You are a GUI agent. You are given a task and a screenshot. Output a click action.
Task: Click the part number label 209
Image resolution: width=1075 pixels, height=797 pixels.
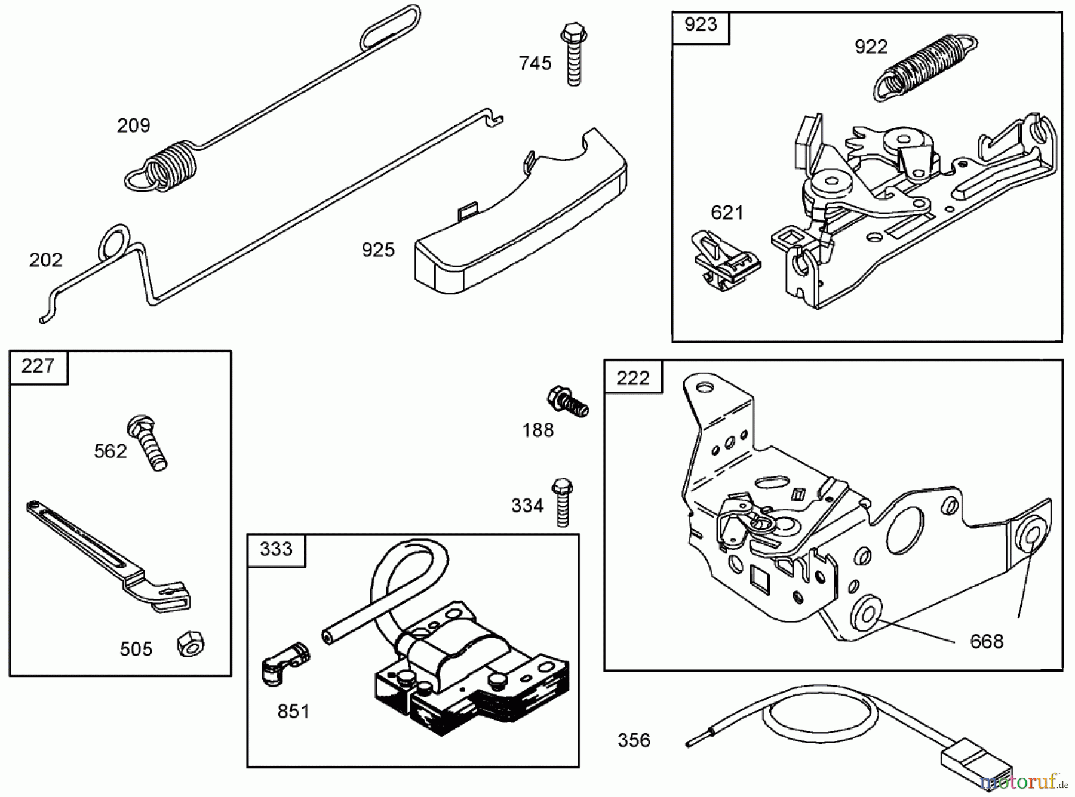(133, 125)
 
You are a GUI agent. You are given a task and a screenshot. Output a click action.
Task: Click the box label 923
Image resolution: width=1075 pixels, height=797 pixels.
(701, 25)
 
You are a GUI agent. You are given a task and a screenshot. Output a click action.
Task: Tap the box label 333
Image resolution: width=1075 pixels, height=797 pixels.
(276, 549)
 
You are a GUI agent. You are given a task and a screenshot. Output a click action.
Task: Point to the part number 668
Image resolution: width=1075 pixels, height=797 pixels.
(987, 642)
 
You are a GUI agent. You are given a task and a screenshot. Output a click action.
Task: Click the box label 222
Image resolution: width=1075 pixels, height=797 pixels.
(632, 378)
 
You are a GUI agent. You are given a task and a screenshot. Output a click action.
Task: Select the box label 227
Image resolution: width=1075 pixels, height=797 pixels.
(38, 366)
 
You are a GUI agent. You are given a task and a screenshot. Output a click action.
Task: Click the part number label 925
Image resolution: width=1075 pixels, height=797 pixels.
(378, 250)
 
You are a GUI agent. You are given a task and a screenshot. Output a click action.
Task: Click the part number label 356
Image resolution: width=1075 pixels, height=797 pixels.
(634, 741)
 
